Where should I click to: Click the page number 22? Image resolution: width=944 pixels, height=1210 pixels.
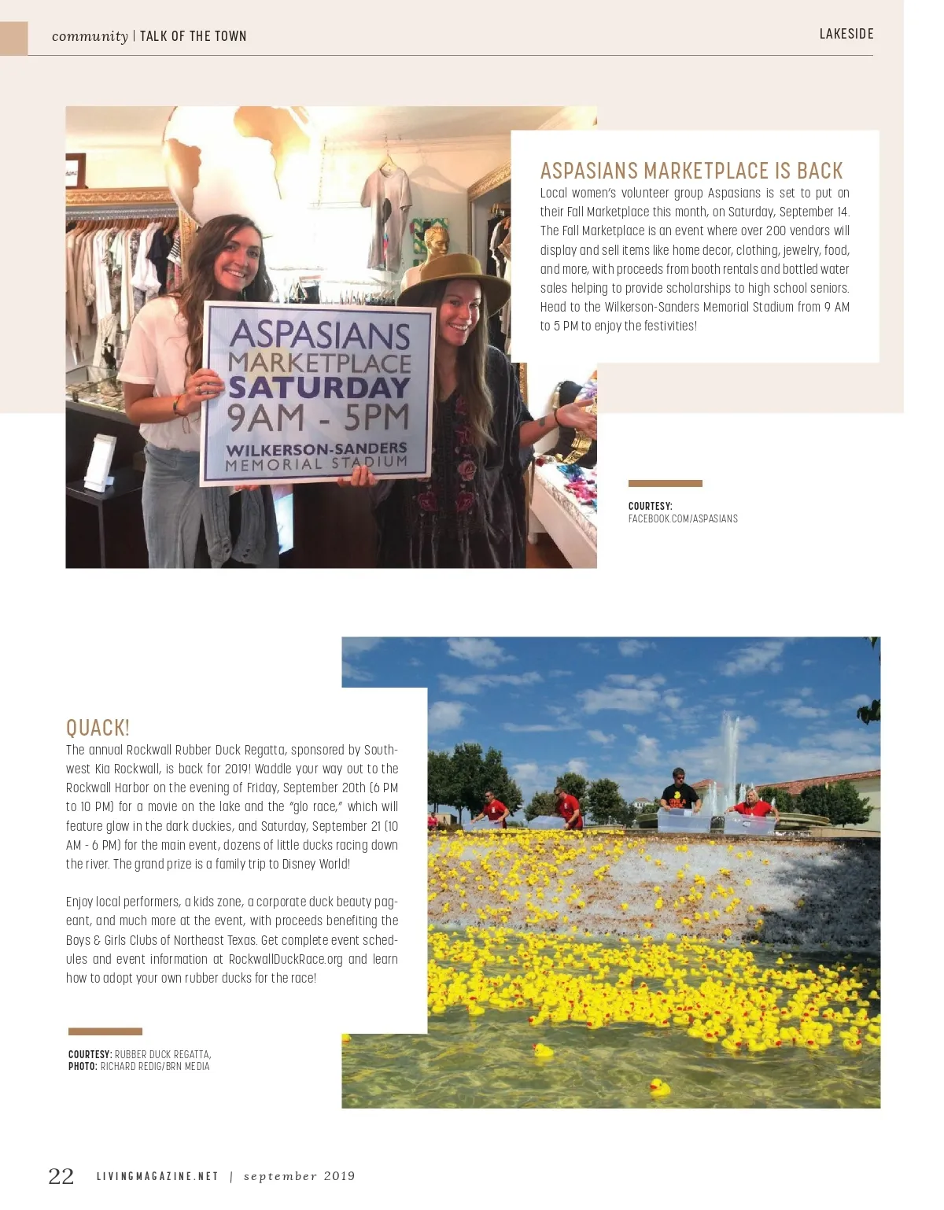61,1176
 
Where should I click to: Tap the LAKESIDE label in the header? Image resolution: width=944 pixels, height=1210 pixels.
846,34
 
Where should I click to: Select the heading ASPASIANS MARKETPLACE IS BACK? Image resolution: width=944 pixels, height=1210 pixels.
691,171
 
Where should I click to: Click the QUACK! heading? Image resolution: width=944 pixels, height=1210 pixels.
98,728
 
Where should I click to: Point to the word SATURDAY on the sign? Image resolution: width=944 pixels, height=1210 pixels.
319,387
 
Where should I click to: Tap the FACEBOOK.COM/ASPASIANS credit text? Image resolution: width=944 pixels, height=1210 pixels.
683,519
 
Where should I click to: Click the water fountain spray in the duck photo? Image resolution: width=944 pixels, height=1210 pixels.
729,755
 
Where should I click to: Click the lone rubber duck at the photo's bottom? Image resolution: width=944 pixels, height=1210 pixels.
659,1086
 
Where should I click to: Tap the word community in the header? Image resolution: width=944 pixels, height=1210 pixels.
90,36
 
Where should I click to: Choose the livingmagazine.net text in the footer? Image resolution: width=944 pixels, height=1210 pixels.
157,1176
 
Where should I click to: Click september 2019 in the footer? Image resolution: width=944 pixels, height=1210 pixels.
299,1176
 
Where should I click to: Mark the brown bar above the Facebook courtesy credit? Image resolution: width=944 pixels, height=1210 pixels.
665,483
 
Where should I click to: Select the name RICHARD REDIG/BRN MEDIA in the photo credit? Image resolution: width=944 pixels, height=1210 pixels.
155,1067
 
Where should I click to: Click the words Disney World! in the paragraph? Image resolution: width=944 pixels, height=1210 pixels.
315,864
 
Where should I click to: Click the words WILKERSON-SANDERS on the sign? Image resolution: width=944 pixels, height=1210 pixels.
316,449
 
